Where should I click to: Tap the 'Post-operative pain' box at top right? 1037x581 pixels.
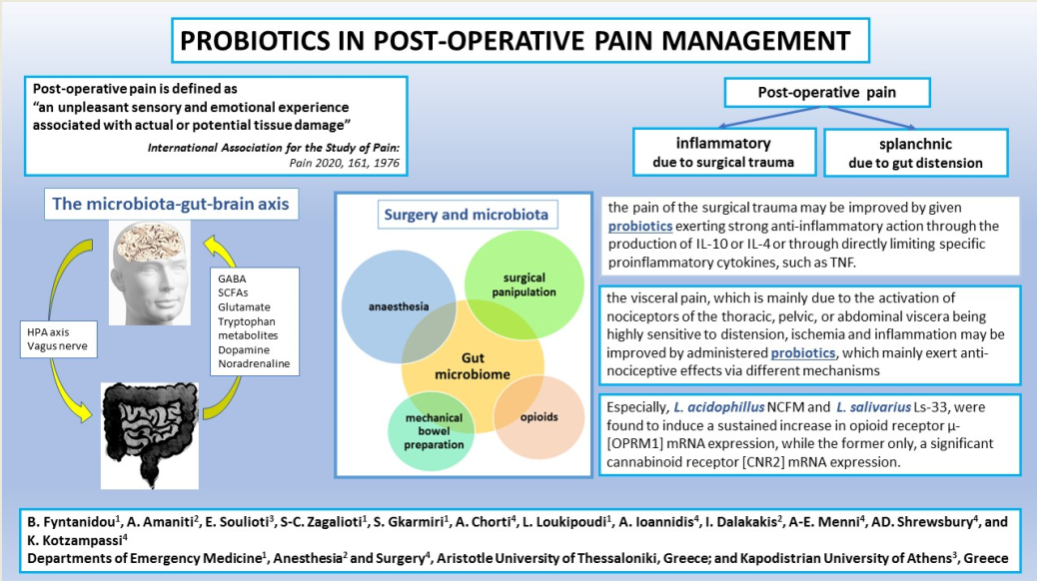point(826,93)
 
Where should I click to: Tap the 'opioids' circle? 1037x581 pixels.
point(543,413)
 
